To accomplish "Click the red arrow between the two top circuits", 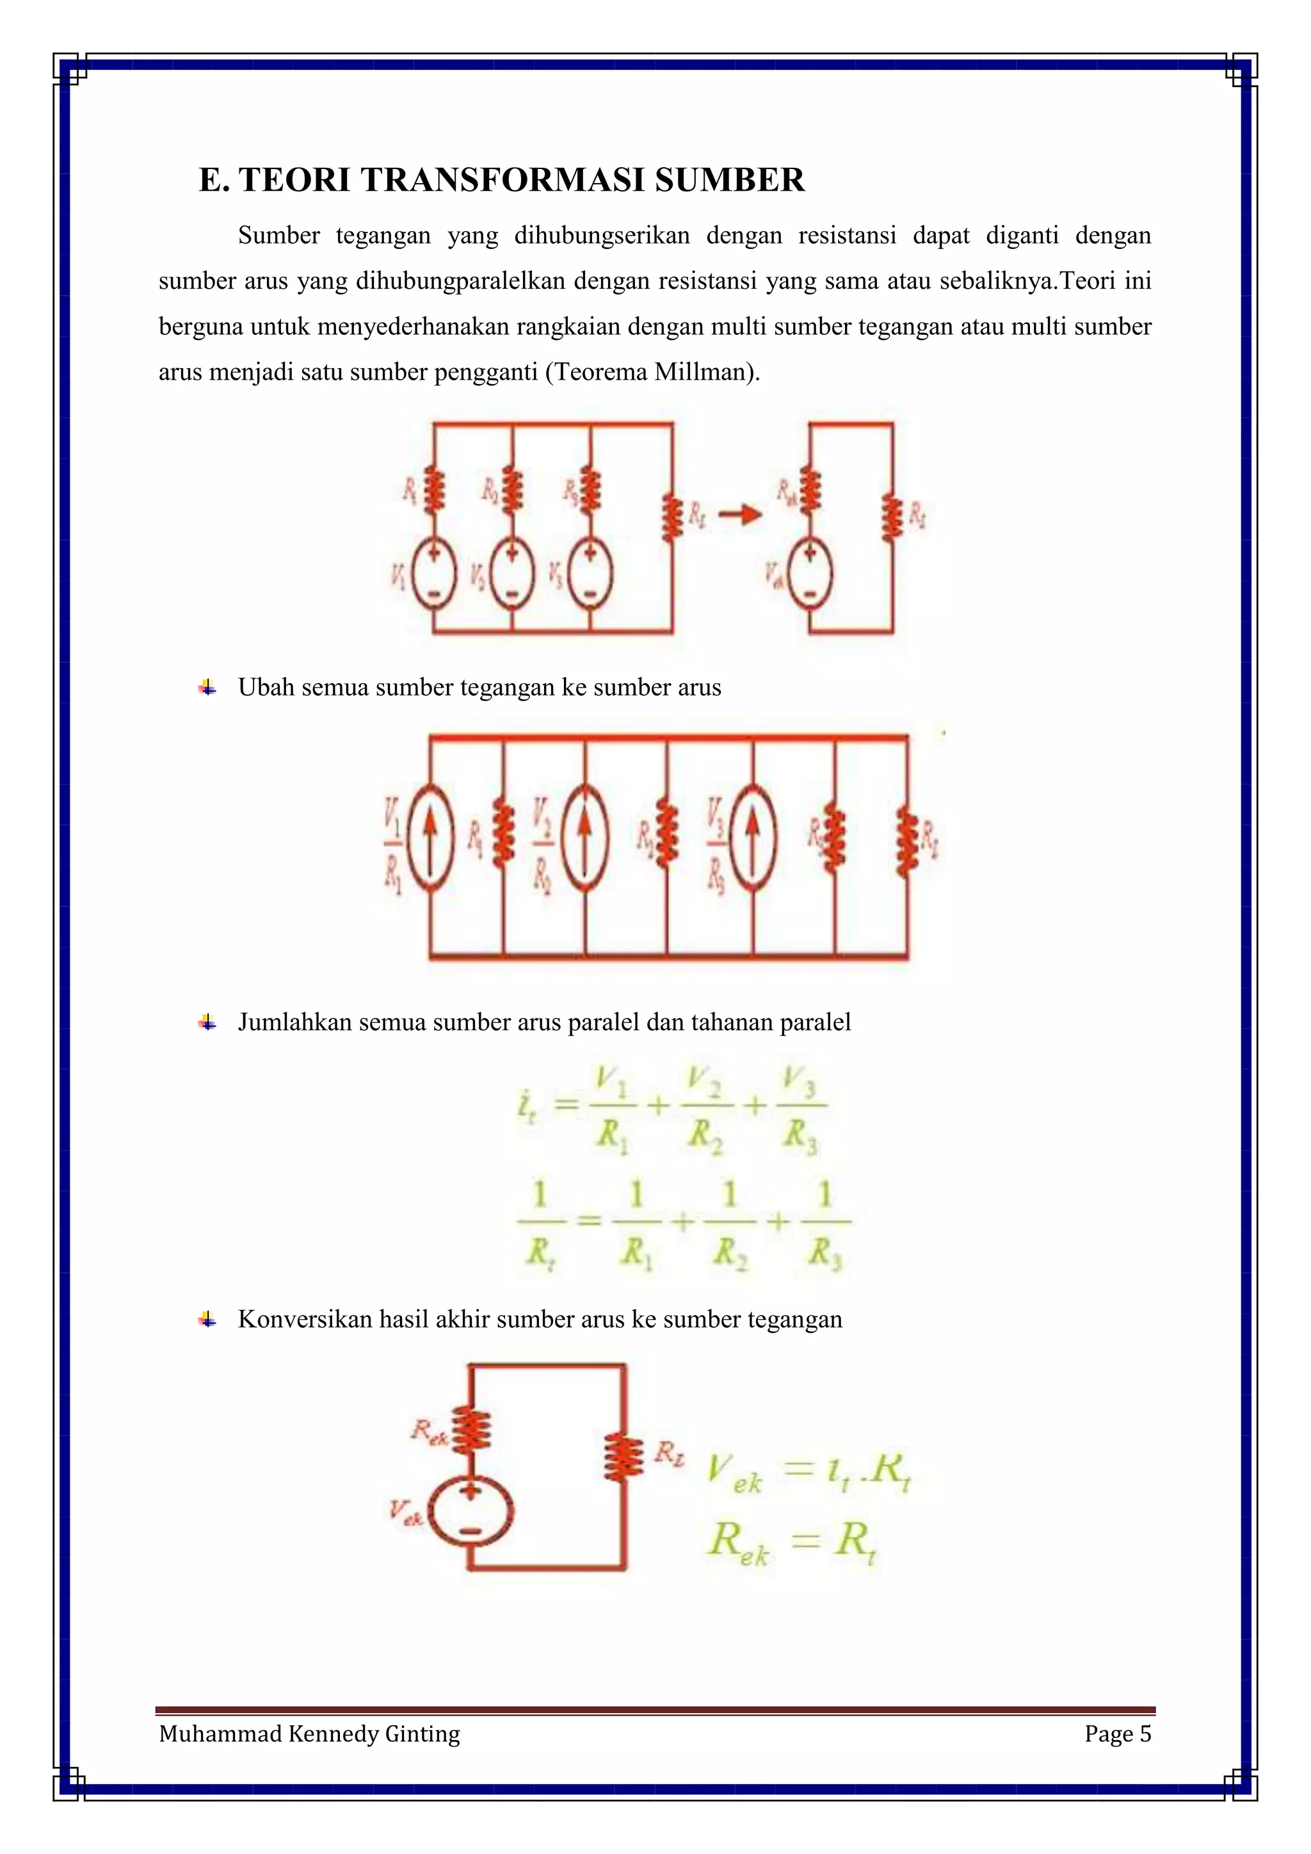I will [739, 514].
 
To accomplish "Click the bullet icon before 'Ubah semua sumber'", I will [207, 689].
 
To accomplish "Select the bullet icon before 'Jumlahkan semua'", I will [207, 1023].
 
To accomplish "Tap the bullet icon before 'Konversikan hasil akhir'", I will [207, 1320].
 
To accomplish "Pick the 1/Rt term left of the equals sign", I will [539, 1227].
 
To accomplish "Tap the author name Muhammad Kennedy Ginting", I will [309, 1734].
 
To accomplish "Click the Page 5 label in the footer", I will [1117, 1734].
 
